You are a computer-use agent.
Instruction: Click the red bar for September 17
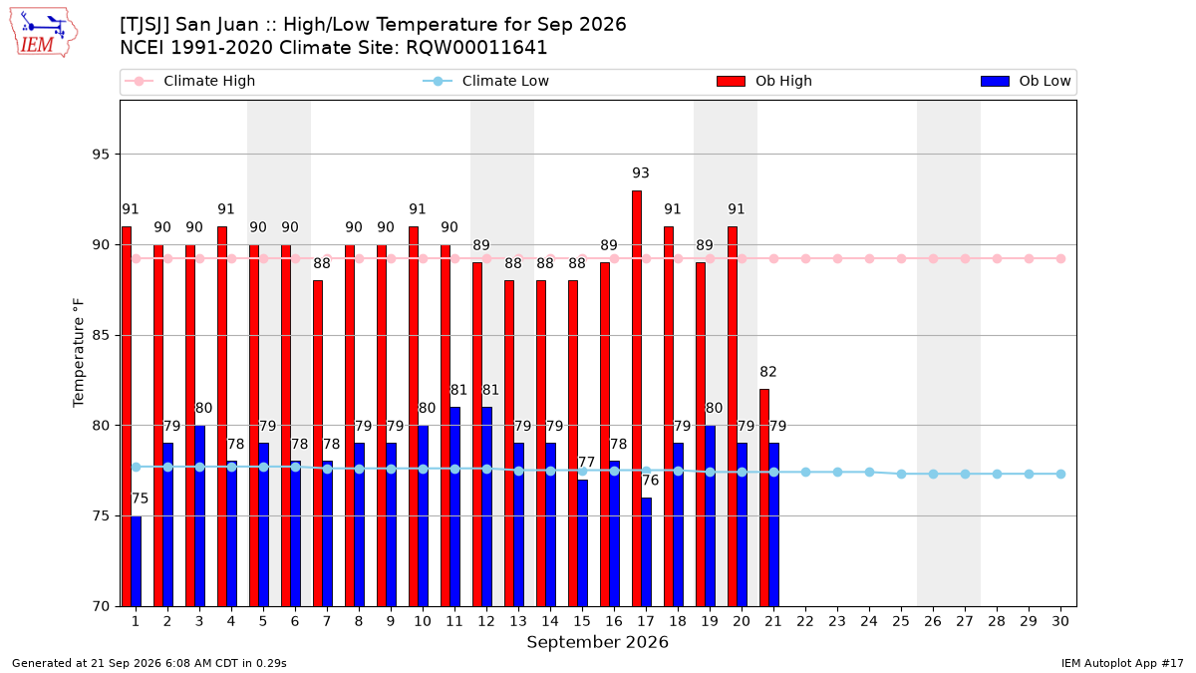tap(637, 399)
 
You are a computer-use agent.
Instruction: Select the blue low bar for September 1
tap(137, 560)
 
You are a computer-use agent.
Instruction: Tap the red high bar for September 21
tap(764, 498)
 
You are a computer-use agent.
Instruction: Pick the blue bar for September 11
tap(454, 506)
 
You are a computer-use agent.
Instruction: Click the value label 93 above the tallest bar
tap(641, 173)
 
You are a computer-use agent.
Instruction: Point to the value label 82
tap(768, 372)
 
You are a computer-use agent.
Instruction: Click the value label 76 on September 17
tap(650, 481)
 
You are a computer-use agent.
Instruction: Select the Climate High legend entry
tap(190, 81)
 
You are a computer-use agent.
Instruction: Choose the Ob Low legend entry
tap(1026, 81)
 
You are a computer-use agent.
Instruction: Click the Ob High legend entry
tap(764, 81)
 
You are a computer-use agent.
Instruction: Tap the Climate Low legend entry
tap(486, 81)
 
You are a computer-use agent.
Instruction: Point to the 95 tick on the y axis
tap(101, 155)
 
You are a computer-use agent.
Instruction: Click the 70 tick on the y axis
tap(101, 606)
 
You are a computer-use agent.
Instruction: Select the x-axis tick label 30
tap(1060, 621)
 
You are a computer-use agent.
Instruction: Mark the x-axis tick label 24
tap(869, 621)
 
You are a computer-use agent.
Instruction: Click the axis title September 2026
tap(597, 642)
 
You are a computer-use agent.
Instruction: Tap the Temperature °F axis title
tap(79, 353)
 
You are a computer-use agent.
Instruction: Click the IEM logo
tap(43, 32)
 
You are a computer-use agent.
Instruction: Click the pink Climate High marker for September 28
tap(997, 259)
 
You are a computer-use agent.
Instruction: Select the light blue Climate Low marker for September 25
tap(901, 475)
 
